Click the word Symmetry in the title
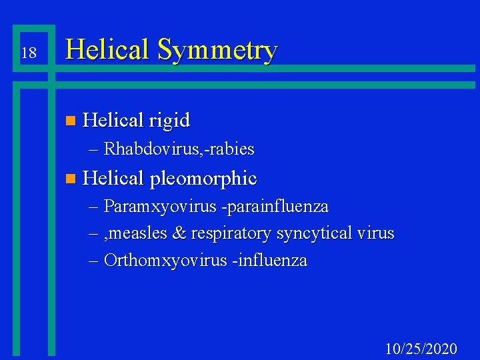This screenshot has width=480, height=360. click(x=218, y=51)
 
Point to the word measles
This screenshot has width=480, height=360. click(x=148, y=234)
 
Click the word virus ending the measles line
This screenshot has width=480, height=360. click(x=376, y=233)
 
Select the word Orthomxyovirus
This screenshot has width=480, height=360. click(x=166, y=261)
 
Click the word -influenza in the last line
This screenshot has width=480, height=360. click(x=269, y=261)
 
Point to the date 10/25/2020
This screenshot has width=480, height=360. click(x=421, y=348)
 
